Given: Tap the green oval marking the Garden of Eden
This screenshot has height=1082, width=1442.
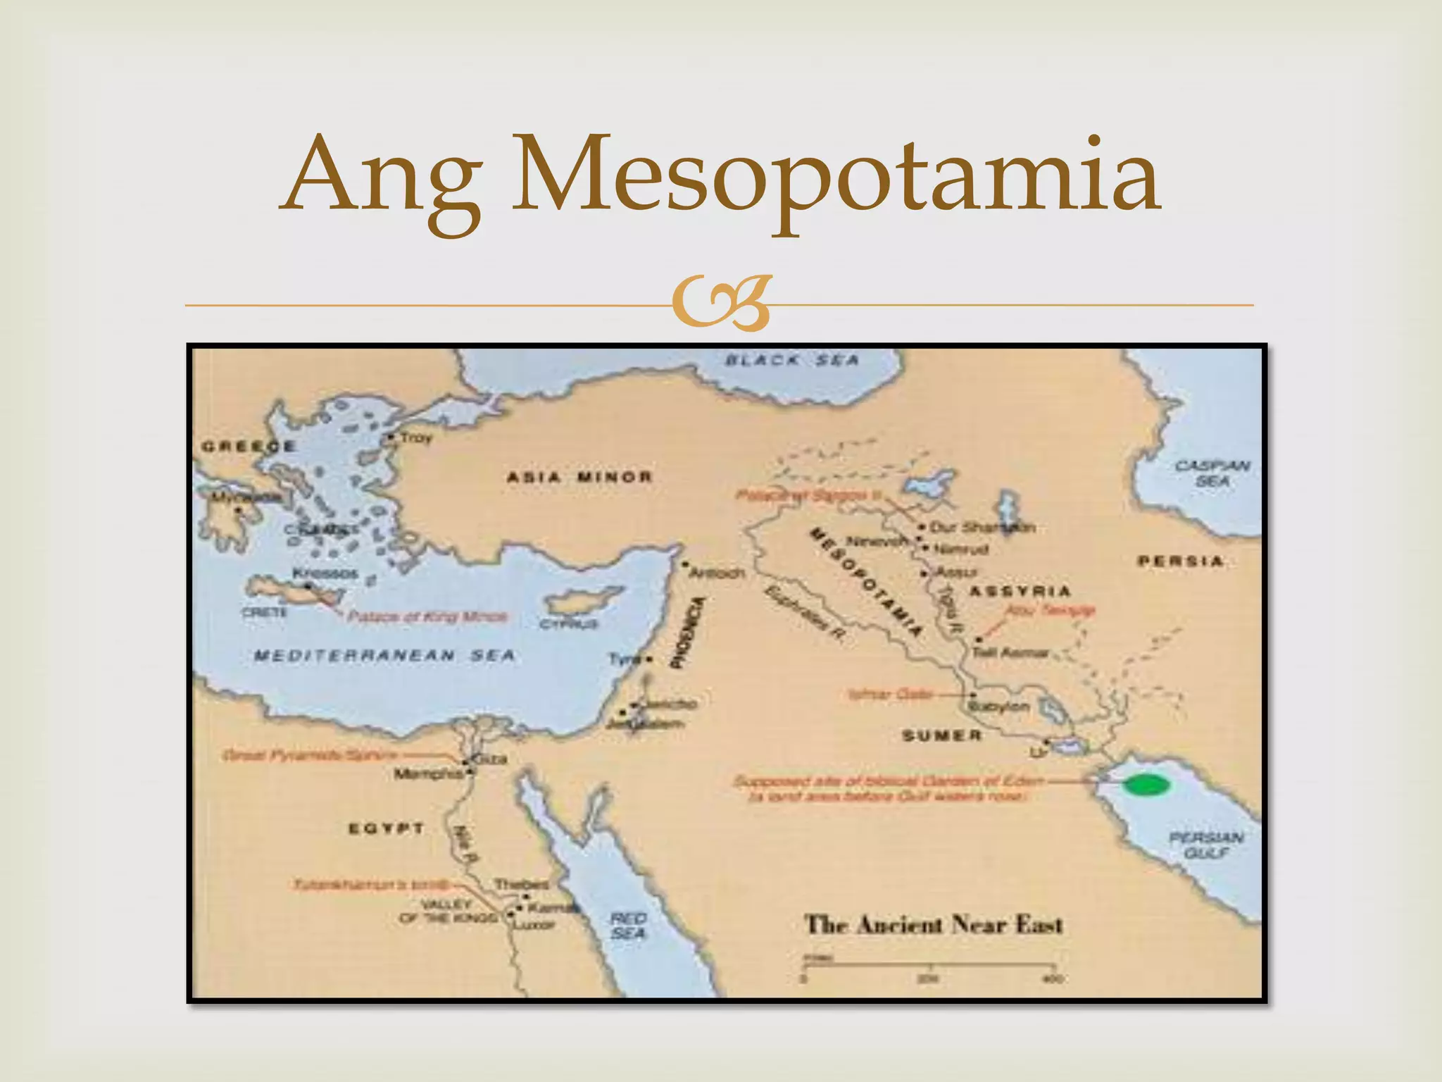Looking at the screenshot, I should tap(1146, 784).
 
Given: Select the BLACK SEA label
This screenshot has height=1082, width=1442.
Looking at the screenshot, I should tap(793, 361).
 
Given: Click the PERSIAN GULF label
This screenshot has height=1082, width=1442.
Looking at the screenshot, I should tap(1206, 845).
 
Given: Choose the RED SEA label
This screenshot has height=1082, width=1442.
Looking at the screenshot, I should tap(628, 926).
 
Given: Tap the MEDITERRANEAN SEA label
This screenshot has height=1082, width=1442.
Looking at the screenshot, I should tap(384, 656).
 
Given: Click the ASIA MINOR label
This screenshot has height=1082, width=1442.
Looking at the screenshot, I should tap(579, 477).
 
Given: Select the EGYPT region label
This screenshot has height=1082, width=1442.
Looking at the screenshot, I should tap(387, 828).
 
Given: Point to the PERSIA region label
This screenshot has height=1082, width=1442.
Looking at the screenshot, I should tap(1180, 561).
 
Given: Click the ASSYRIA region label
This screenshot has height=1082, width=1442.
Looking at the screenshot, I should tap(1020, 591).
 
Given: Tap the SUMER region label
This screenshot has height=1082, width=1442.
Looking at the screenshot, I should tap(941, 735).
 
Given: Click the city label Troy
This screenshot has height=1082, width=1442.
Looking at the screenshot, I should tap(415, 437).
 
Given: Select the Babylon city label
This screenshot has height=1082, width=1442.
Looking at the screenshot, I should tap(999, 706).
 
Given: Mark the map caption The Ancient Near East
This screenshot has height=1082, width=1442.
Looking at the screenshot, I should tap(933, 924).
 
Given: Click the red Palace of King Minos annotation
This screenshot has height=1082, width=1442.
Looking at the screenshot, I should tap(427, 616).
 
